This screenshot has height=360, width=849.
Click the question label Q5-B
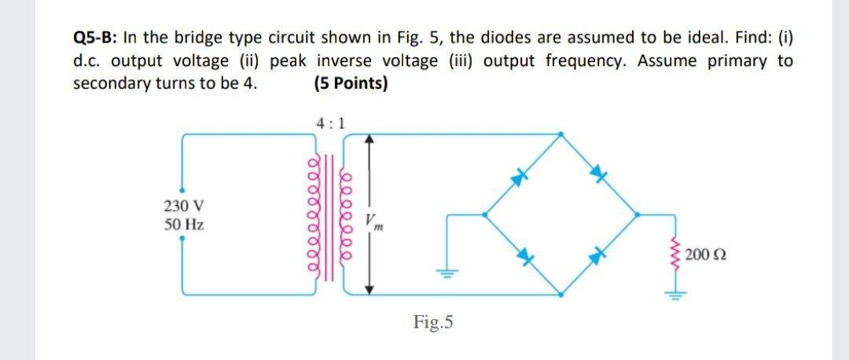point(94,39)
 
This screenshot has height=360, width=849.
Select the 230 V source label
point(186,207)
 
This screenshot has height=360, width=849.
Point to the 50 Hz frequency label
point(186,225)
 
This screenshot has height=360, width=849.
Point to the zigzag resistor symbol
point(674,255)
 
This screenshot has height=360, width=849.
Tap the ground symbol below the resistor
point(674,296)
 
